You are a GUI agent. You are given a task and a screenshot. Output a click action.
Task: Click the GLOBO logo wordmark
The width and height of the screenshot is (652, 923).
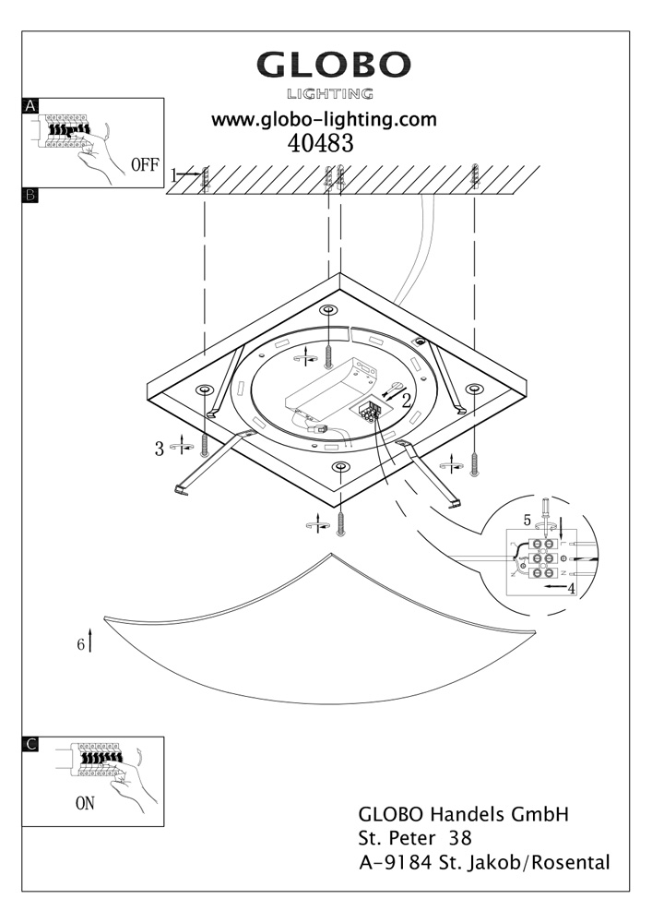point(333,66)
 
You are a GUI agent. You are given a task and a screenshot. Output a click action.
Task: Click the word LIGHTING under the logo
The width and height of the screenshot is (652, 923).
point(330,93)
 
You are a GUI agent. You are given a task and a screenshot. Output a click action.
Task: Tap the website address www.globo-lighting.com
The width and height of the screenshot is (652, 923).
point(324,120)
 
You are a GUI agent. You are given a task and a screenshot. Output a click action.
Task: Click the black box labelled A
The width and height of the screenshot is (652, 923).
point(30,106)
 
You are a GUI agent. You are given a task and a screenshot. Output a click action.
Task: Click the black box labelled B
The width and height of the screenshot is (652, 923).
point(30,195)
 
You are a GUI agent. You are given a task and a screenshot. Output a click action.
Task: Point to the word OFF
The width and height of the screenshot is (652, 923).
point(145,167)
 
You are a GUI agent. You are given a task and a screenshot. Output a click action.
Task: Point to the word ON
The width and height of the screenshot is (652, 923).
point(85,803)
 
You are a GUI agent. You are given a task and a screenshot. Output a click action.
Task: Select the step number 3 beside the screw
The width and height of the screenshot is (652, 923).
point(160,450)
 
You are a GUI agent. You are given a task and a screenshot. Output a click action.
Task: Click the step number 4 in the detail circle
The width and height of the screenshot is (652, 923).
point(572,588)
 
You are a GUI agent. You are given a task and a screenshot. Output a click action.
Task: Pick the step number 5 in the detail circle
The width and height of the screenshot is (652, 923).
point(528,520)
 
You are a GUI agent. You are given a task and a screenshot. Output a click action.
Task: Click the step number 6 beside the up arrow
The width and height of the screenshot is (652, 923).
point(81,643)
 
